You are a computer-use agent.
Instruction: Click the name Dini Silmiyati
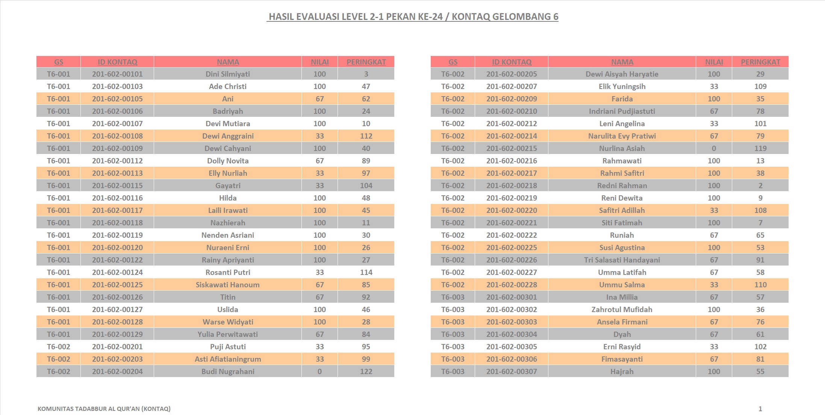click(228, 74)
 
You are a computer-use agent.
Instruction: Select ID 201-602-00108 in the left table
click(117, 136)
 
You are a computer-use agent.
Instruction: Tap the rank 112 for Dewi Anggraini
click(366, 136)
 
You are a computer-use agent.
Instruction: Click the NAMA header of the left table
click(228, 62)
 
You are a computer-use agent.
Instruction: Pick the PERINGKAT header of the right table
click(760, 62)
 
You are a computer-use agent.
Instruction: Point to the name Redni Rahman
click(622, 186)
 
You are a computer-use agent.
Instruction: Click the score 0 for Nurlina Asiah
click(714, 148)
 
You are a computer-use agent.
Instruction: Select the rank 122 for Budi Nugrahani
click(366, 371)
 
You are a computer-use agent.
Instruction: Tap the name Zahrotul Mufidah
click(622, 309)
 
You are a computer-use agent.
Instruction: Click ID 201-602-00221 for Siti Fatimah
click(512, 223)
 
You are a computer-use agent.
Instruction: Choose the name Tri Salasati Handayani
click(622, 260)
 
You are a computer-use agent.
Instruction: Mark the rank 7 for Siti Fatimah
click(760, 223)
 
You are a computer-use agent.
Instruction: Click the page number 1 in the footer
click(760, 409)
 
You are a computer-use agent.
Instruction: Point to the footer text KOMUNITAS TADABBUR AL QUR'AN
click(104, 409)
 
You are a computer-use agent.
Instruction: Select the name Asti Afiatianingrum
click(228, 359)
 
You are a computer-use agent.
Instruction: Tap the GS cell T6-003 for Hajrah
click(453, 371)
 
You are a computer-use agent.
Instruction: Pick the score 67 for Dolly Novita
click(319, 161)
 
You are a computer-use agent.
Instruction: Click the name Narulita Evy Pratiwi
click(622, 136)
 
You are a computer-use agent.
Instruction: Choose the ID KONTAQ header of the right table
click(512, 62)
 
